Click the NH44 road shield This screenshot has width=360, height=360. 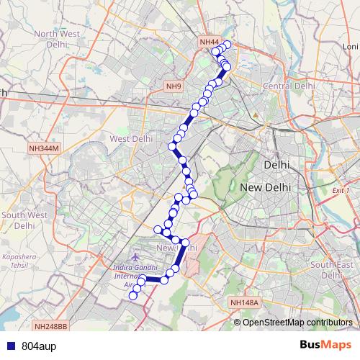point(209,42)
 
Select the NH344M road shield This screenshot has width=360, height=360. point(45,148)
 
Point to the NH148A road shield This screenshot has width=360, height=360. point(244,303)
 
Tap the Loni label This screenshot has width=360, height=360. point(351,46)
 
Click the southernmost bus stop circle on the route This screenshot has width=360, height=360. point(132,295)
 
